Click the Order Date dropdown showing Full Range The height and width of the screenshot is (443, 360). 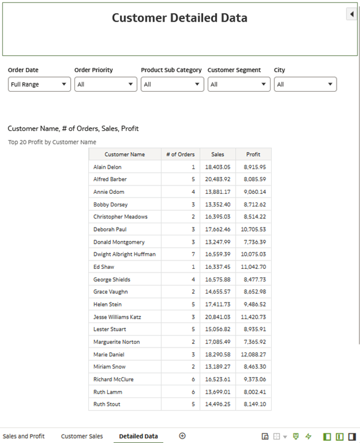pyautogui.click(x=40, y=85)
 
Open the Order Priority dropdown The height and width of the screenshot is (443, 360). pyautogui.click(x=106, y=85)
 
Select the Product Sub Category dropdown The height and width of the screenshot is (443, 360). pyautogui.click(x=173, y=85)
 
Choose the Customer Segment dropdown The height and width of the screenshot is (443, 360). pyautogui.click(x=239, y=85)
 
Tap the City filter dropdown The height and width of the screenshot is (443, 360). pyautogui.click(x=305, y=85)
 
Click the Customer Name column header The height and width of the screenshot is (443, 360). pyautogui.click(x=125, y=154)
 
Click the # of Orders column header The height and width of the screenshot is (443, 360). pyautogui.click(x=180, y=154)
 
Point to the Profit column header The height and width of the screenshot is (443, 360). pyautogui.click(x=253, y=154)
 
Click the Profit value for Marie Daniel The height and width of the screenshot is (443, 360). pyautogui.click(x=254, y=354)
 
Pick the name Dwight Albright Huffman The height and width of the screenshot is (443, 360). pyautogui.click(x=124, y=255)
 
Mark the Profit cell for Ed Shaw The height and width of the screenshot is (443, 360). pyautogui.click(x=254, y=267)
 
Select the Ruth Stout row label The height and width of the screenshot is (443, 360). pyautogui.click(x=107, y=405)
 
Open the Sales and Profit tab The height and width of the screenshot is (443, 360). pyautogui.click(x=23, y=436)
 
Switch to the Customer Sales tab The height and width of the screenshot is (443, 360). pyautogui.click(x=82, y=436)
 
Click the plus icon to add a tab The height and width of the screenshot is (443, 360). pyautogui.click(x=182, y=436)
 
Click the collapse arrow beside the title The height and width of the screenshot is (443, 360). pyautogui.click(x=352, y=14)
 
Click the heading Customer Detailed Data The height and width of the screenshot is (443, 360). pyautogui.click(x=179, y=18)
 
